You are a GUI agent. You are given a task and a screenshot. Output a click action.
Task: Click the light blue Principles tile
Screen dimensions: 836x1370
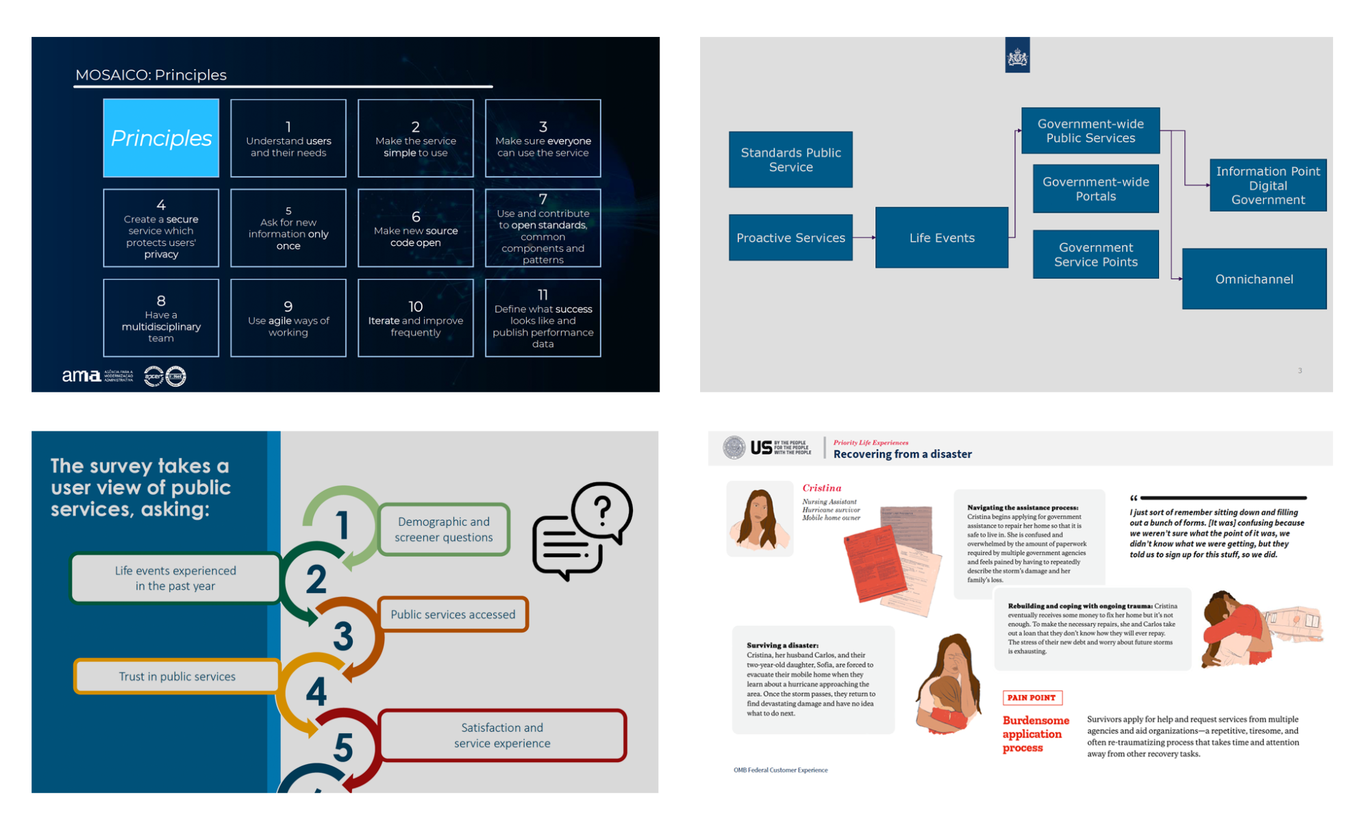point(161,138)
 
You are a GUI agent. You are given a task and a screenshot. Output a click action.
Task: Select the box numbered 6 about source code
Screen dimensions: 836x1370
point(415,228)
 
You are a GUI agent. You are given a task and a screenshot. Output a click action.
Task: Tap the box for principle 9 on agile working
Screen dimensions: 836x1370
point(288,318)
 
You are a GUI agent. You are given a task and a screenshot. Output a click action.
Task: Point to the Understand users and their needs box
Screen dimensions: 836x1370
point(288,138)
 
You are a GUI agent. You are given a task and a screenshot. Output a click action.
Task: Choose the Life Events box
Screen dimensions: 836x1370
point(941,238)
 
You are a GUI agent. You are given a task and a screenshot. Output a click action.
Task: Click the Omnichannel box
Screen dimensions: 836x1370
point(1254,279)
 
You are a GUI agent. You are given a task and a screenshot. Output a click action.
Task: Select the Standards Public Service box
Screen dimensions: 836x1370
point(790,160)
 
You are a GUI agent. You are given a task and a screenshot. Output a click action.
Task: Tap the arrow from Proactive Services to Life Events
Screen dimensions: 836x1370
point(864,238)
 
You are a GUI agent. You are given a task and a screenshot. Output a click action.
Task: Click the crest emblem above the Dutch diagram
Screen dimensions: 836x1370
point(1017,55)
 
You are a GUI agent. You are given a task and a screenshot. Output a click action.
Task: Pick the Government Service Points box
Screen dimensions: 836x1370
point(1095,255)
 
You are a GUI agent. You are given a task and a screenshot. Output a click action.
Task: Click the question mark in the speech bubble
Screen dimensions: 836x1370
point(602,510)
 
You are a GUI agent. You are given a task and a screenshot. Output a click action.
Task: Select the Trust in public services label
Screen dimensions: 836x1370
point(177,676)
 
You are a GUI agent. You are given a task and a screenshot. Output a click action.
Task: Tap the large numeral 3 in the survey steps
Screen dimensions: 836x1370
point(342,635)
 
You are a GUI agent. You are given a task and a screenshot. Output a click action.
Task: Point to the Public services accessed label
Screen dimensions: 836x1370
point(452,614)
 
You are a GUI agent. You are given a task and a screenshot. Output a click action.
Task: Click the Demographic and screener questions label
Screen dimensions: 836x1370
point(443,529)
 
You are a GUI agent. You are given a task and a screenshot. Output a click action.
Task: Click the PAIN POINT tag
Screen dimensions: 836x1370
point(1032,698)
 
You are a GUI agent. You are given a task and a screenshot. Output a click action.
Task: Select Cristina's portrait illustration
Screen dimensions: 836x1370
point(759,519)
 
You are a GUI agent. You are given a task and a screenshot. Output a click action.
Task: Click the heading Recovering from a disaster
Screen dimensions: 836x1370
point(902,454)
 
